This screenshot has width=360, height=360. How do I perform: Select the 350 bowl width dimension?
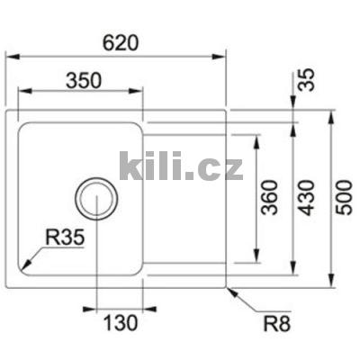tap(81, 79)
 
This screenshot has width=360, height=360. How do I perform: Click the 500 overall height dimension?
tap(344, 196)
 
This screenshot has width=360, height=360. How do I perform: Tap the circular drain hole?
tap(94, 197)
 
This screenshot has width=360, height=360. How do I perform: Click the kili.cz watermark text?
tap(181, 166)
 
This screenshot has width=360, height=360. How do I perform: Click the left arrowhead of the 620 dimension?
tap(12, 55)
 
